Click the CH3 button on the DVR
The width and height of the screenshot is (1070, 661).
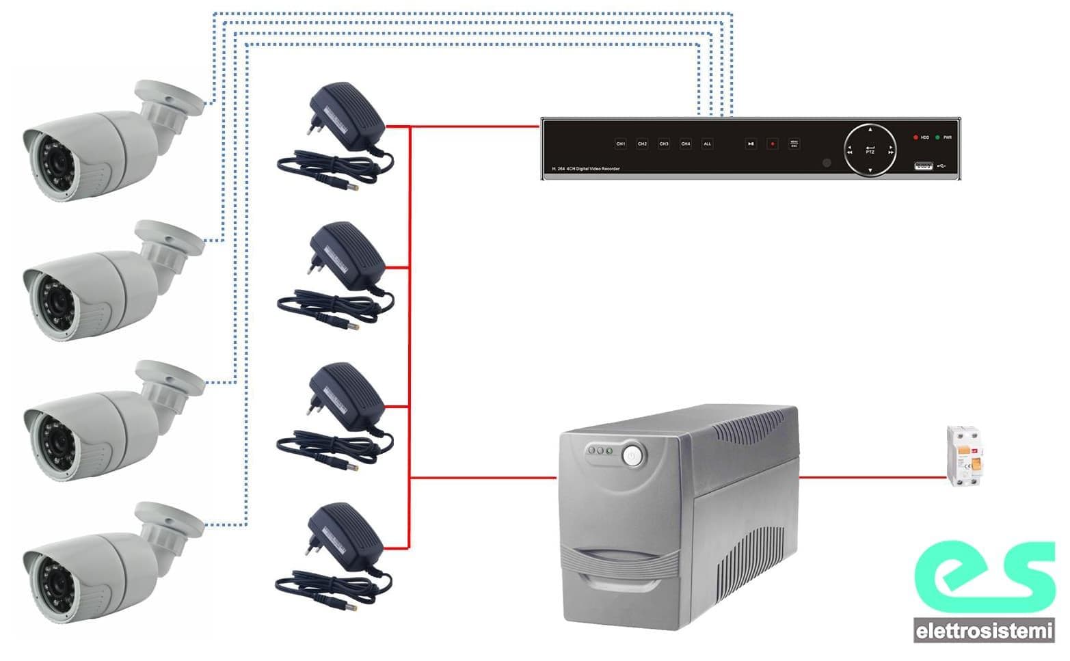tap(663, 144)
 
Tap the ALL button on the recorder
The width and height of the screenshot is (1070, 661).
tap(707, 144)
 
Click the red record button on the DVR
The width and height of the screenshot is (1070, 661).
tap(773, 144)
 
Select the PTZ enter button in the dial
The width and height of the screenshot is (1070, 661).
tap(870, 150)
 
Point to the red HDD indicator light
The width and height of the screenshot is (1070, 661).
tap(915, 137)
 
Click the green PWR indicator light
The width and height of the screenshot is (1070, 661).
tap(937, 137)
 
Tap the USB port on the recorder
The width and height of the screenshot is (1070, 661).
tap(923, 165)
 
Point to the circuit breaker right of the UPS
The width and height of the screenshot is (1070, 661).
tap(964, 455)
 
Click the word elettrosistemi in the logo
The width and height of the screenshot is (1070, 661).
tap(984, 631)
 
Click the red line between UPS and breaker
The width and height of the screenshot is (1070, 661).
tap(872, 477)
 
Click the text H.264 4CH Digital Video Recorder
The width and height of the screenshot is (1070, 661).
tap(586, 168)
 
